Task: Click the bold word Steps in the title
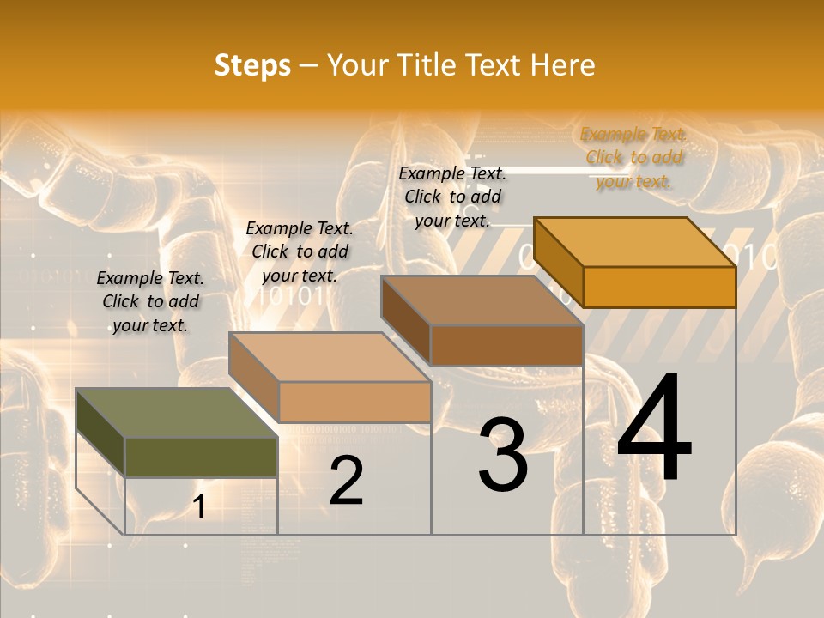tap(252, 65)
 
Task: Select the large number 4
tap(654, 429)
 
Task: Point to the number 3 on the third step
tap(503, 455)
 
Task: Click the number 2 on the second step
tap(347, 481)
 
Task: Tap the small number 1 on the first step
tap(199, 507)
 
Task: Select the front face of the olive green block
tap(201, 457)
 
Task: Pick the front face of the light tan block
tap(354, 402)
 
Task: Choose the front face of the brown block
tap(506, 345)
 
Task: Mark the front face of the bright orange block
tap(659, 287)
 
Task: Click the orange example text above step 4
tap(633, 158)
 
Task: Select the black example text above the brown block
tap(452, 197)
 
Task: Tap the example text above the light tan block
tap(300, 251)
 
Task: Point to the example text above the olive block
tap(150, 301)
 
